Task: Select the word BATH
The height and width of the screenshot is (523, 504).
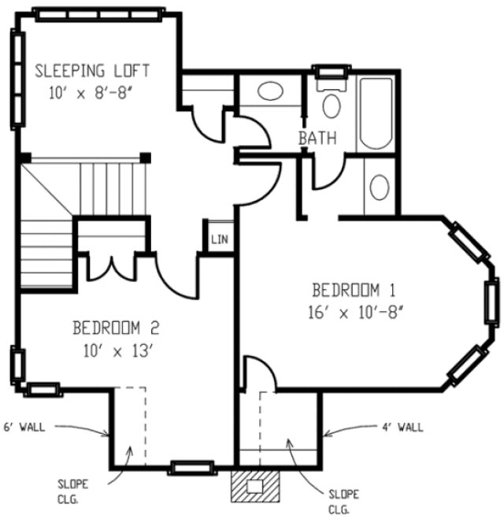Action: click(317, 138)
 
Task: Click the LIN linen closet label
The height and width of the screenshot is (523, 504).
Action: click(220, 239)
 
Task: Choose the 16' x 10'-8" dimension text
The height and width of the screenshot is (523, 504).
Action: click(357, 312)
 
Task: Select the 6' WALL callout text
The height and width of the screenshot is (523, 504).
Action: click(24, 428)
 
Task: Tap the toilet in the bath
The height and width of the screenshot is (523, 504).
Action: click(332, 102)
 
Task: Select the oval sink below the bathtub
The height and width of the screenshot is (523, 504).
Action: click(380, 188)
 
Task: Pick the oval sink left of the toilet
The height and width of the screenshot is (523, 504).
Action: click(270, 91)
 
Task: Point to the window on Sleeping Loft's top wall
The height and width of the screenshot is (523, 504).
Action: click(100, 13)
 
